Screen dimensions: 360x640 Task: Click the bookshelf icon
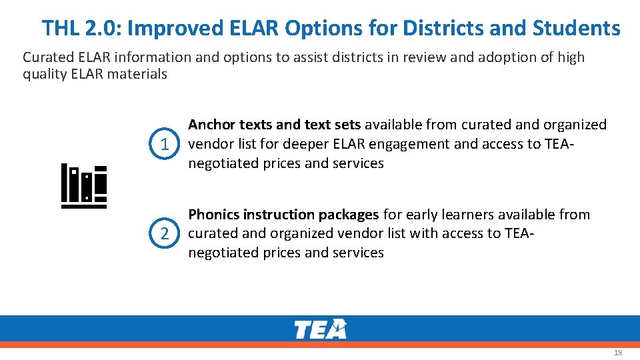84,186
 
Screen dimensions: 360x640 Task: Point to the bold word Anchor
211,125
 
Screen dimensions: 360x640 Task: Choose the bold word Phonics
214,215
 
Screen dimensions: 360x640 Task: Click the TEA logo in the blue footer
320,329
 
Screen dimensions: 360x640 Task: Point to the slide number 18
617,352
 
